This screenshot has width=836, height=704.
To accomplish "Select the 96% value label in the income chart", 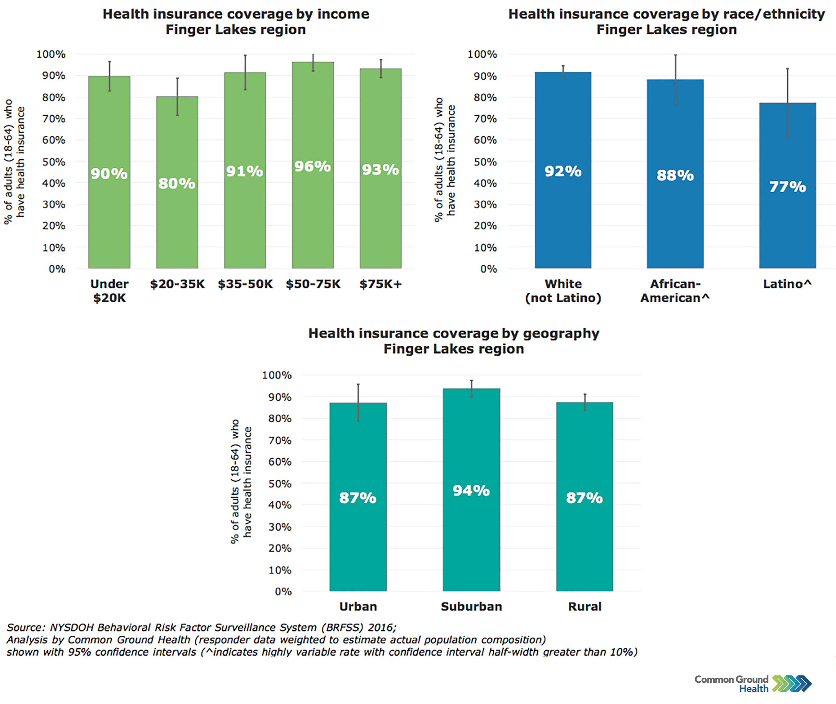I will [312, 167].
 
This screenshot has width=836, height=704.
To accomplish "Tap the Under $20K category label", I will [109, 290].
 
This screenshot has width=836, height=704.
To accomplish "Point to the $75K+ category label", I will [380, 284].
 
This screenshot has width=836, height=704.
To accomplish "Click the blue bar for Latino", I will [787, 223].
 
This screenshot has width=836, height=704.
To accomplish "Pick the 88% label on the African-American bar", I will [675, 175].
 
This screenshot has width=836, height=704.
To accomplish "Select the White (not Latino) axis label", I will [563, 290].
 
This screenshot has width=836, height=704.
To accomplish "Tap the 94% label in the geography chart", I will [471, 490].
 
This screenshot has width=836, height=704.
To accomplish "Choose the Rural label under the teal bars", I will [584, 606].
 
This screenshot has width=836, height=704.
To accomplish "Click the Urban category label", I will [358, 606].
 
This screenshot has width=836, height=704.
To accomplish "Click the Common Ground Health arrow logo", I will [792, 684].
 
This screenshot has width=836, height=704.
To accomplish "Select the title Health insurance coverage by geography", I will [453, 333].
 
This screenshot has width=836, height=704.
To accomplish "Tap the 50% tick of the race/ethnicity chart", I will [485, 162].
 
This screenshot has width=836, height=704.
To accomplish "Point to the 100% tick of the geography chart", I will [277, 375].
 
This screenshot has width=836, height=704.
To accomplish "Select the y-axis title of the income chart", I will [15, 161].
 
